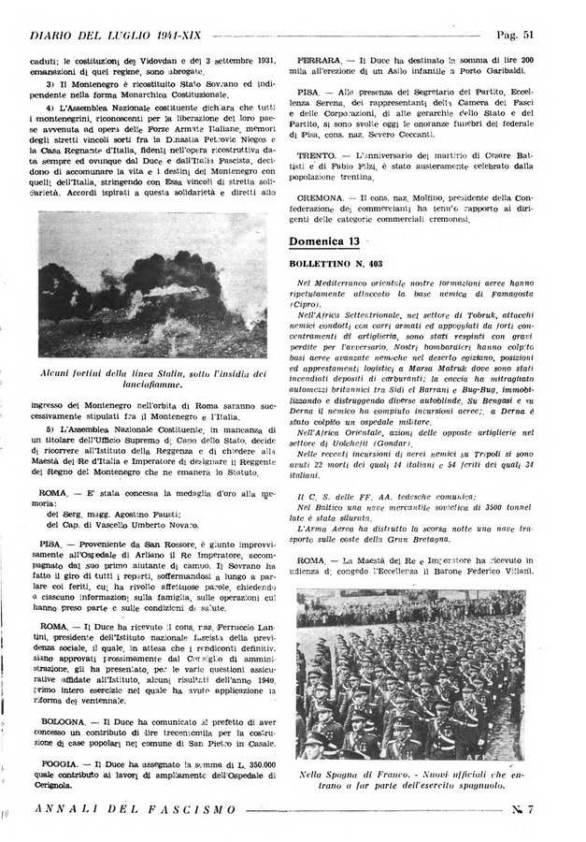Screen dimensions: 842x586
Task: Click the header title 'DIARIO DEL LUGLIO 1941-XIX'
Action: (x=117, y=36)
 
